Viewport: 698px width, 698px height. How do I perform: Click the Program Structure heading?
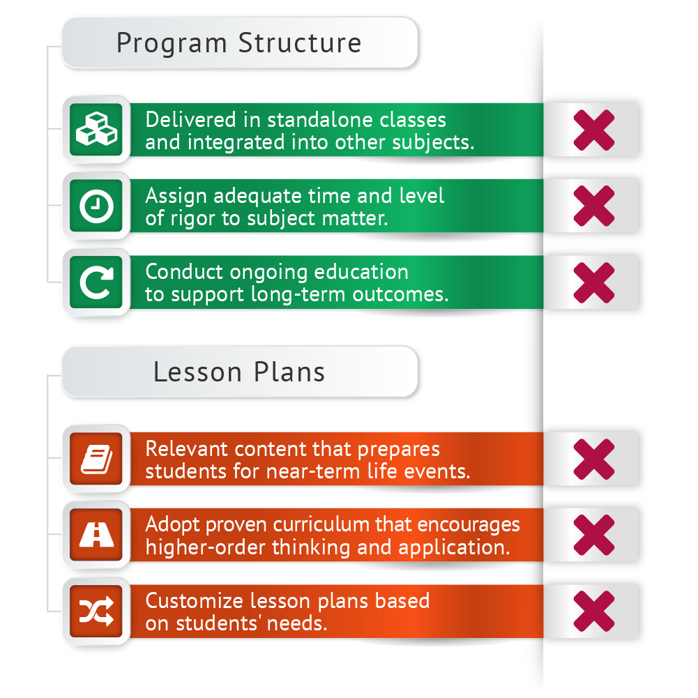click(238, 43)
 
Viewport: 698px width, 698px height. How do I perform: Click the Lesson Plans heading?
click(238, 372)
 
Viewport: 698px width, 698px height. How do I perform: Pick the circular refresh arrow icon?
click(96, 282)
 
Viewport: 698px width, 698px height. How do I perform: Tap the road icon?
click(96, 536)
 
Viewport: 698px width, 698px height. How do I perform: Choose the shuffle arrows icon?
click(96, 612)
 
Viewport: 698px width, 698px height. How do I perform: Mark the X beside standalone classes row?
click(593, 130)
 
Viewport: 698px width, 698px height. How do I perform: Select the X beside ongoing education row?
click(593, 282)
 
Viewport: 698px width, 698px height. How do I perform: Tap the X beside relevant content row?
click(593, 460)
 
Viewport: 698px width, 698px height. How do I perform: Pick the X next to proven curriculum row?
click(593, 536)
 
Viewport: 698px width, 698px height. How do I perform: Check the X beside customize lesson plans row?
click(593, 612)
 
